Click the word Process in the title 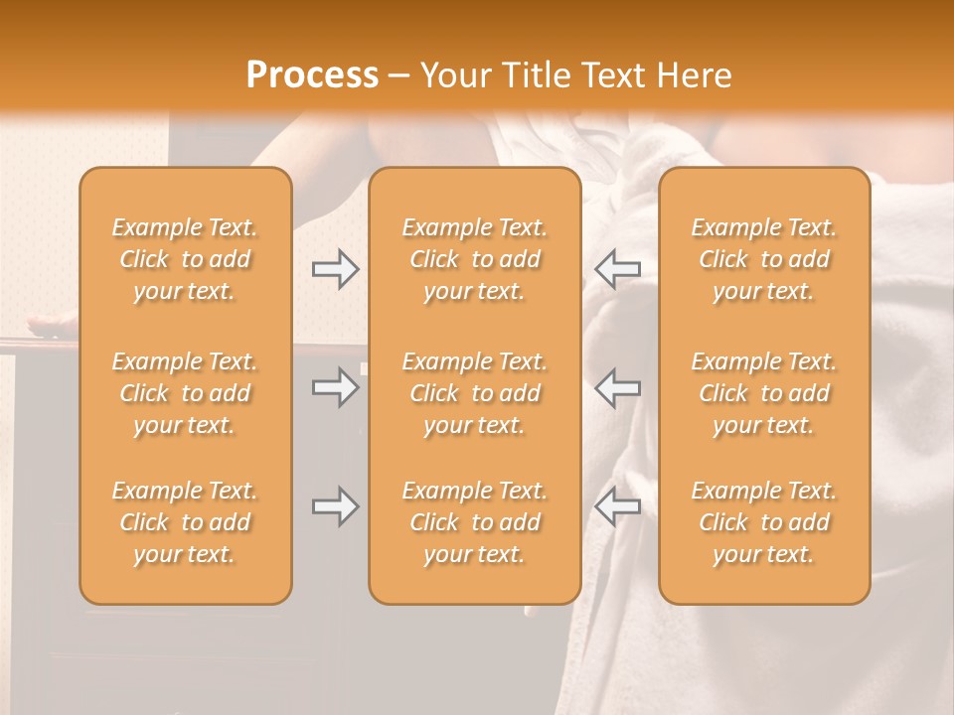312,75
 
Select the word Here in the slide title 693,75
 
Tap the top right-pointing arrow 335,269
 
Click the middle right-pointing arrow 335,387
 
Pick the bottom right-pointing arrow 335,506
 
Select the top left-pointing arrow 617,269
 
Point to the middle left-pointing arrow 617,387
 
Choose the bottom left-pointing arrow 617,506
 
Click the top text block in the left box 185,259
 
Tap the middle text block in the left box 185,393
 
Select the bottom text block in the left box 185,522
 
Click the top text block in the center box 474,259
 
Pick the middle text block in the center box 474,393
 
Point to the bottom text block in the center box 474,522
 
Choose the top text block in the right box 763,259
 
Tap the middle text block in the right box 763,393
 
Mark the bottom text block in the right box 763,522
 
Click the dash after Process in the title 398,76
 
